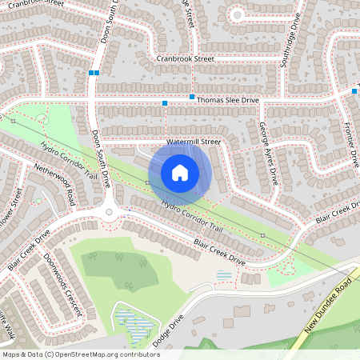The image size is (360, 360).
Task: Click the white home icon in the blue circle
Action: coord(180,173)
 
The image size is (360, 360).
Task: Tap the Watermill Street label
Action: coord(193,142)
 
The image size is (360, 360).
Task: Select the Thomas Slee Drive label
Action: coord(228,99)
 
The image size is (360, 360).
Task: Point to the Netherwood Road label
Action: coord(54,183)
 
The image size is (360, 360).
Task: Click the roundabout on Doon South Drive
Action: coord(110,212)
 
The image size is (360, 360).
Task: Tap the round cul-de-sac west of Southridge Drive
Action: coord(237,14)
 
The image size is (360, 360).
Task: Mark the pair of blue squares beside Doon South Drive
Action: coord(94,73)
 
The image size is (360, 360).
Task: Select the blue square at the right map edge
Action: coord(354,91)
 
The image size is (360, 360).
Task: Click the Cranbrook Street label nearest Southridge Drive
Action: coord(186,58)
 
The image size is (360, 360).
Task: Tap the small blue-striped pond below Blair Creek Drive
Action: coord(225,275)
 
